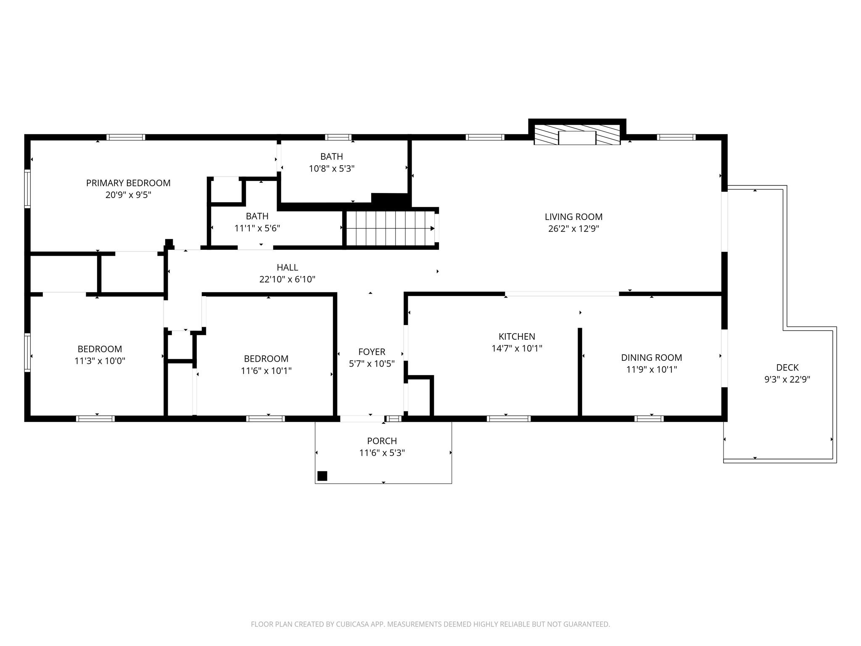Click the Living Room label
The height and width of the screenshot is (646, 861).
[x=573, y=217]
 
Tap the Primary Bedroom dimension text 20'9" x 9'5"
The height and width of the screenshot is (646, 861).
[x=128, y=195]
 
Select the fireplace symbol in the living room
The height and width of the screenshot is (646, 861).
[x=577, y=135]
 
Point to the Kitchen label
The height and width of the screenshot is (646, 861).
[x=517, y=336]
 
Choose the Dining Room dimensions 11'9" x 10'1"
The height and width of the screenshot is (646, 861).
[x=651, y=370]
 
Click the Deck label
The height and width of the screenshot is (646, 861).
[x=787, y=368]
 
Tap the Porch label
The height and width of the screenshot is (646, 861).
[x=382, y=441]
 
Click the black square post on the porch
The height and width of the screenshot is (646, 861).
[x=322, y=476]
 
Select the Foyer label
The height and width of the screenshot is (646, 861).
[x=372, y=352]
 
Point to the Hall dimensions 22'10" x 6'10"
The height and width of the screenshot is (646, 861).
[x=287, y=279]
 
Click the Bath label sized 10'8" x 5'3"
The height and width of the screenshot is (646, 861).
[x=331, y=156]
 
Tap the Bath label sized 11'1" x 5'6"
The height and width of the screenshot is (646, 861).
[x=257, y=216]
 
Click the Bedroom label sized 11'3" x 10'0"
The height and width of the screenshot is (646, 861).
[x=100, y=349]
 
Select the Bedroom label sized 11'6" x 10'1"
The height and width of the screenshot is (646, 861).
[x=266, y=359]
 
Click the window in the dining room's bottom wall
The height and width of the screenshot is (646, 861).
[x=649, y=418]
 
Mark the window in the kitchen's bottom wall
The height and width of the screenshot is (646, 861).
[x=509, y=418]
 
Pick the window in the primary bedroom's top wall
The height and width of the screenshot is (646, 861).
[x=126, y=137]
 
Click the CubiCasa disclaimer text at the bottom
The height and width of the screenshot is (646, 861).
[x=430, y=624]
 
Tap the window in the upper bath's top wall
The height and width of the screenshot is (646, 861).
[x=338, y=137]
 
